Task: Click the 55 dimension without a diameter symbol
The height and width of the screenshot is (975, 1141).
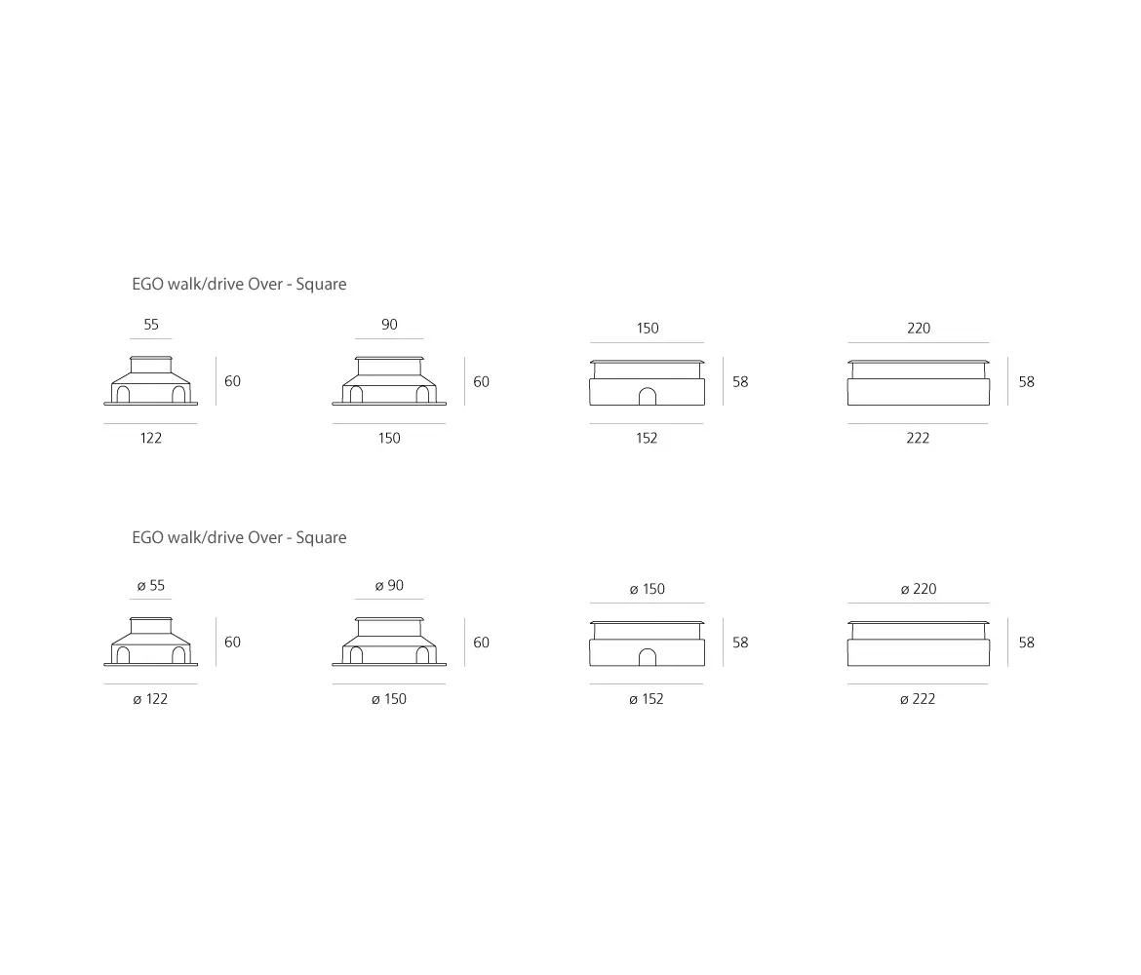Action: pos(151,325)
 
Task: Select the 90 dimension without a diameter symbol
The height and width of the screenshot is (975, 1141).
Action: pos(389,325)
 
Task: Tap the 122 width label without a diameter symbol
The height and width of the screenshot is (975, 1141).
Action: pos(150,438)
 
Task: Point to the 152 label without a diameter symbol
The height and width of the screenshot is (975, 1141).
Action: pos(647,438)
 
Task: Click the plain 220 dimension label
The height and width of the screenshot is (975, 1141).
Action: pos(919,329)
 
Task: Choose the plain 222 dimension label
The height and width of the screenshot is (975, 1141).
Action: pos(918,438)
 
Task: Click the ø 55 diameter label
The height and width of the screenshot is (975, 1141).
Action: pos(151,586)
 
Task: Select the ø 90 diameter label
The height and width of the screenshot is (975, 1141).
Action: pos(389,586)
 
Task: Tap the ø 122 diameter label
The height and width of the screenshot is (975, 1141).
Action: pos(150,699)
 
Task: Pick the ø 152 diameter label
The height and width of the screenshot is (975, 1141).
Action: pos(647,699)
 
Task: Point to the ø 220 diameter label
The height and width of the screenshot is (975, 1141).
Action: pos(919,589)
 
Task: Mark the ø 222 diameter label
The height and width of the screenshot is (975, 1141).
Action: pos(918,699)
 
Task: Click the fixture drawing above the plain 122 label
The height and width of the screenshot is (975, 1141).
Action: pos(151,381)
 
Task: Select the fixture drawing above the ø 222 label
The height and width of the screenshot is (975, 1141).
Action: pos(919,643)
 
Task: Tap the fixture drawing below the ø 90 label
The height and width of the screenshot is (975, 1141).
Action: pos(389,642)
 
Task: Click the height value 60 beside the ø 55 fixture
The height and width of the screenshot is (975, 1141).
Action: pos(232,643)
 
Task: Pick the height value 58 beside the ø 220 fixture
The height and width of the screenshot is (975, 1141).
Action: pos(1026,643)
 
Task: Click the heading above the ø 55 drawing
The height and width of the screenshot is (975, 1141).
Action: pos(239,537)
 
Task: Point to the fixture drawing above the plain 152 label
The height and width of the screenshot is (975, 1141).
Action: pos(647,382)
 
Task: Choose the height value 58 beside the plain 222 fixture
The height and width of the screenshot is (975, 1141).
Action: pos(1026,382)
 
